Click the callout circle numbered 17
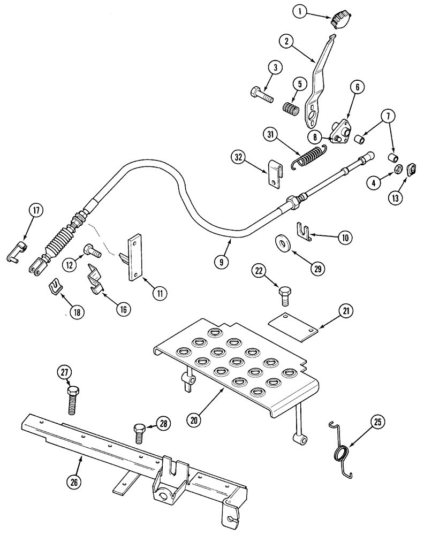click(x=35, y=211)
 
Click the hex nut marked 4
click(x=398, y=170)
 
